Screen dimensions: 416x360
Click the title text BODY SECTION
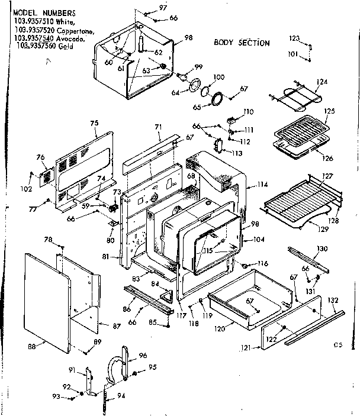click(x=242, y=43)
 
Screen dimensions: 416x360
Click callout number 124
click(x=322, y=81)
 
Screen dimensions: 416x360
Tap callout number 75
click(x=94, y=122)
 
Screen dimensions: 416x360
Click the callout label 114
click(x=261, y=185)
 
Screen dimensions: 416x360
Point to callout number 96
click(x=142, y=356)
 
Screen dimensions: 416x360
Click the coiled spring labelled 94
click(x=105, y=399)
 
